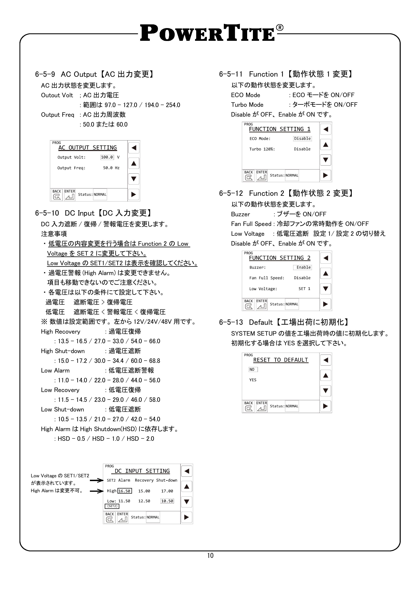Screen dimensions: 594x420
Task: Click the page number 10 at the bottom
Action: click(210, 555)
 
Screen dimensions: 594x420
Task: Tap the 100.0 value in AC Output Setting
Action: click(107, 157)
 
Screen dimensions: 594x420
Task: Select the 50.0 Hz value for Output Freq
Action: click(111, 168)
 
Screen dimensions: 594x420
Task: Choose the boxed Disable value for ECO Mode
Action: click(302, 139)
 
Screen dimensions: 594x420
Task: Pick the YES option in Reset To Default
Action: click(253, 380)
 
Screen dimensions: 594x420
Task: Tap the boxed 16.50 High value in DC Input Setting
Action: click(124, 491)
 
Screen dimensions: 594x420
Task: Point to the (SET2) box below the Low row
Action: click(112, 506)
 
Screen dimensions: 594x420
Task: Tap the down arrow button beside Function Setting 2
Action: click(326, 289)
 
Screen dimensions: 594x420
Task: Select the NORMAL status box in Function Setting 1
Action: click(292, 175)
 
